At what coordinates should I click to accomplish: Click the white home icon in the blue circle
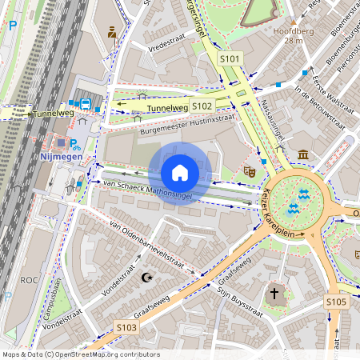tap(180, 173)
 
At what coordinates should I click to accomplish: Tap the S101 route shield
tap(230, 58)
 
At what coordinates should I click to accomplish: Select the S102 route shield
tap(202, 106)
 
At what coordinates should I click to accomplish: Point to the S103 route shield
tap(126, 327)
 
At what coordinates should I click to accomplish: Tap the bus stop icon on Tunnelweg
tap(84, 103)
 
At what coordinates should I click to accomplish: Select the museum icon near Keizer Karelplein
tap(303, 154)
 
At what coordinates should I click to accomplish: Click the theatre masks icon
tap(250, 170)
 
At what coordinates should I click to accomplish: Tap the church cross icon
tap(274, 294)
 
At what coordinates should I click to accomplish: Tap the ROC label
tap(30, 280)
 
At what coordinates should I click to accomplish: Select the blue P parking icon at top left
tap(12, 25)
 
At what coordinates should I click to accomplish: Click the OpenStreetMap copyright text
tap(80, 354)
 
